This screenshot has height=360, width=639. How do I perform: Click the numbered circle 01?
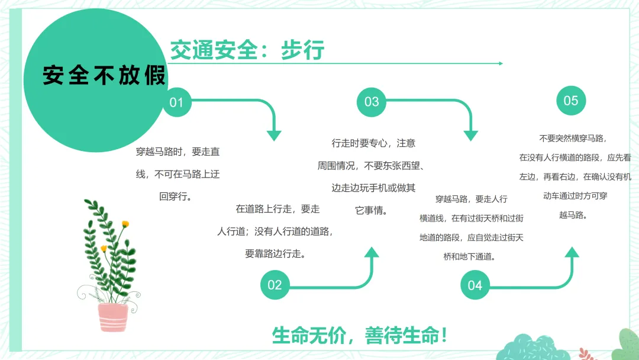[176, 102]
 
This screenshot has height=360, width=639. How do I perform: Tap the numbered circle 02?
[275, 285]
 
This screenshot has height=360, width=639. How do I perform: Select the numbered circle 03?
[371, 102]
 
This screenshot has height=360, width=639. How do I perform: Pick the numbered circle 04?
[475, 285]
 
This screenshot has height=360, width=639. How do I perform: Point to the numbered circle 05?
[570, 101]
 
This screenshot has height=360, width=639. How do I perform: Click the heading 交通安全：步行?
[247, 51]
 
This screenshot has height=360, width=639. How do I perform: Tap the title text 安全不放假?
[104, 76]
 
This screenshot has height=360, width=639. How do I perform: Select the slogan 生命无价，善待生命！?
[360, 335]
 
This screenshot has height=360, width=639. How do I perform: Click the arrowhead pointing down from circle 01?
[273, 134]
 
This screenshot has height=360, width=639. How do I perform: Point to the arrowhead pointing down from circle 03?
[470, 134]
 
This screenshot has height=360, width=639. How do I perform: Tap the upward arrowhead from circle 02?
[372, 253]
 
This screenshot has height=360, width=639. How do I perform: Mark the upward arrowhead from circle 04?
[572, 253]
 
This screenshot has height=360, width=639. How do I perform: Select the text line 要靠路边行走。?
[275, 253]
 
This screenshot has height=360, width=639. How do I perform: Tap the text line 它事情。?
[371, 210]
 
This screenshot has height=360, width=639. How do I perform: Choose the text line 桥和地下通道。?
[472, 256]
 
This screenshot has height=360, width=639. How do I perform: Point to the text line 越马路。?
[573, 215]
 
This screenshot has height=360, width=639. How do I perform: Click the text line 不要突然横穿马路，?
[573, 138]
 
